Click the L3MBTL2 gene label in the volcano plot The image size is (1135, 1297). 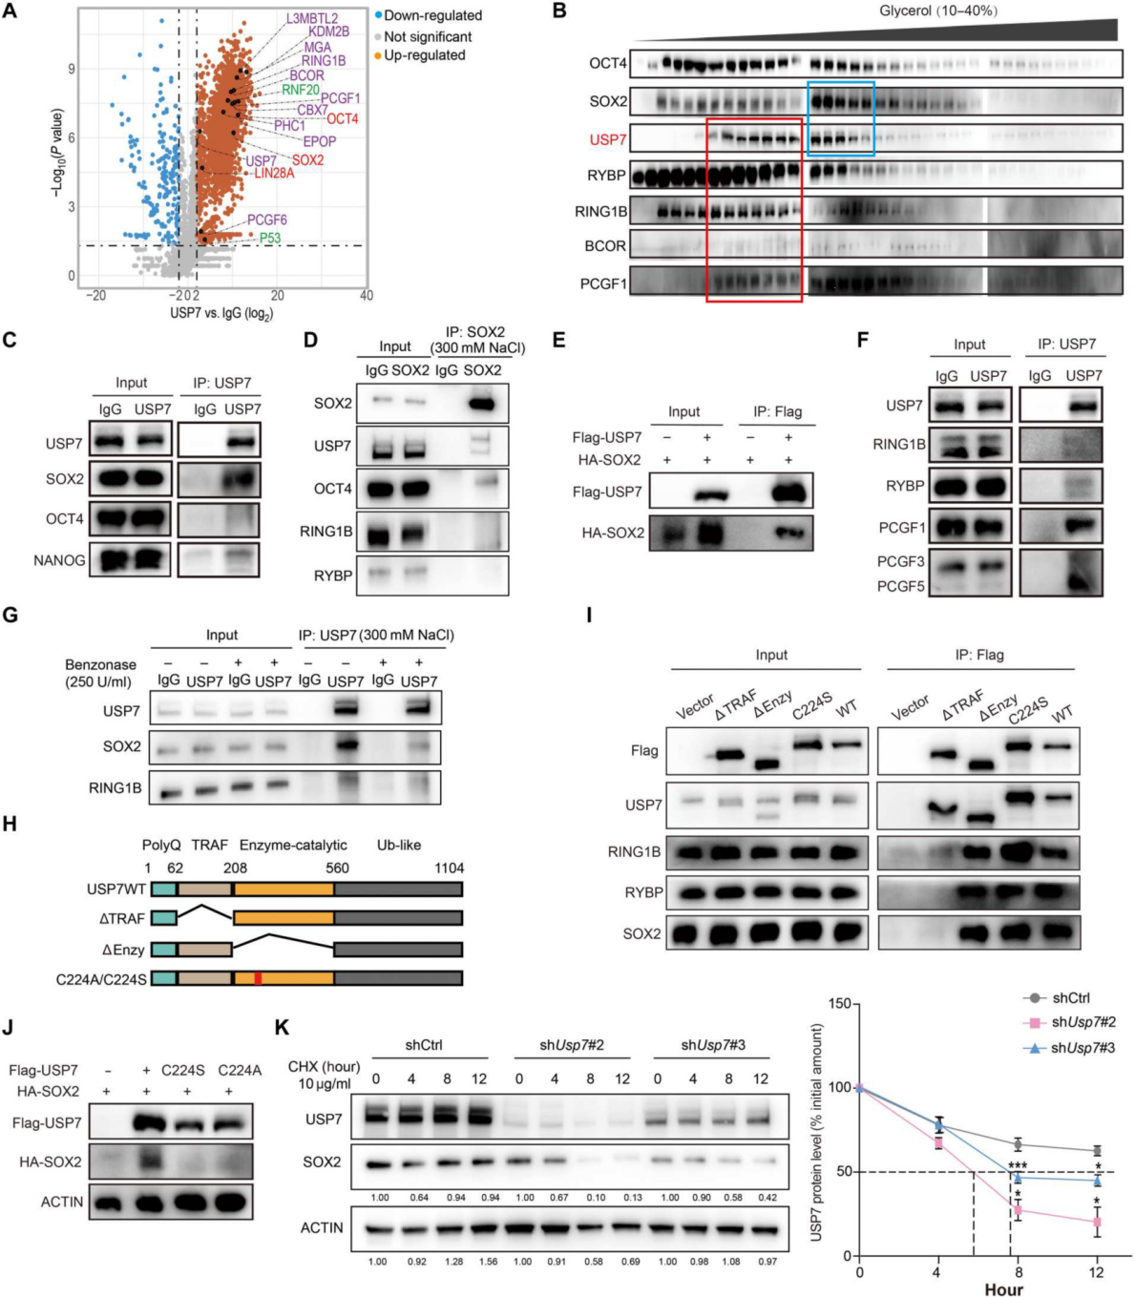coord(312,18)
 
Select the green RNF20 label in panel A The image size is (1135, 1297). coord(301,90)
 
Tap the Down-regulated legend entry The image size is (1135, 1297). coord(432,15)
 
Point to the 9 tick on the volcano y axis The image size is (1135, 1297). coord(72,70)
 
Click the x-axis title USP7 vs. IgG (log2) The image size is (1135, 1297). coord(221,313)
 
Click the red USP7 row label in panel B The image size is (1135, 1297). coord(608,140)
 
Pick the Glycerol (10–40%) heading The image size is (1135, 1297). coord(938,10)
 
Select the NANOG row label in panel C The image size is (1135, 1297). coord(59,560)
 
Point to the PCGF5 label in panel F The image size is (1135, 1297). coord(901,587)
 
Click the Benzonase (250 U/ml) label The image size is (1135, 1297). coord(99,673)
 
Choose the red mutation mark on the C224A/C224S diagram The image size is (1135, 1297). coord(258,978)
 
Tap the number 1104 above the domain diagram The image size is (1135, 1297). coord(449,868)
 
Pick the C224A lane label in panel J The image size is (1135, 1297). coord(240,1070)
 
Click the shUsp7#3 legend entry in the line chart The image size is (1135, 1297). coord(1082,1048)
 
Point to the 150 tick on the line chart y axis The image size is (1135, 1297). coord(840,1003)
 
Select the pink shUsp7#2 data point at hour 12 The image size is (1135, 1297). coord(1097,1222)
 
